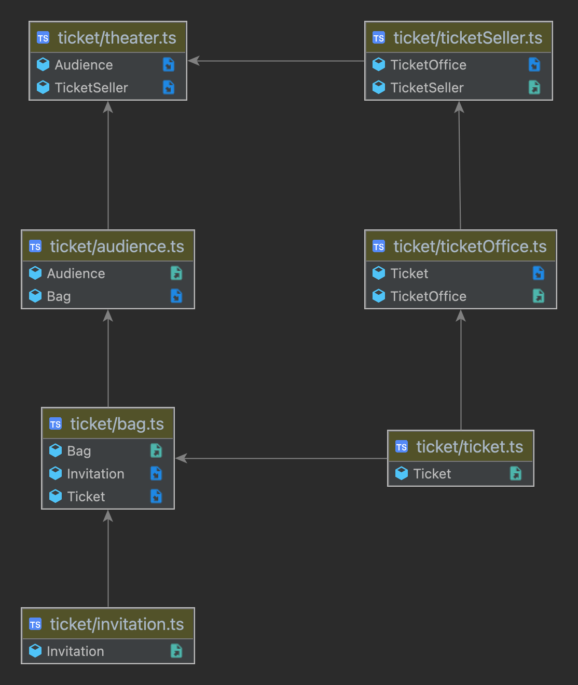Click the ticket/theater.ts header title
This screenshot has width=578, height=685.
coord(117,38)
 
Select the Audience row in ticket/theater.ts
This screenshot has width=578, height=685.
coord(84,65)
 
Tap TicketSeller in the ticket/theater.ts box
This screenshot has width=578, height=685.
coord(91,88)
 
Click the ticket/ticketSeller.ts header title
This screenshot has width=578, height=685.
coord(467,38)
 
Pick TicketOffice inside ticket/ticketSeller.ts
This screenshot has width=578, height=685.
coord(428,65)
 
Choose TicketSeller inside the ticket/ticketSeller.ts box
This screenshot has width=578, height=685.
coord(427,88)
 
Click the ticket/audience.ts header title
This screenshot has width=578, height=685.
coord(117,246)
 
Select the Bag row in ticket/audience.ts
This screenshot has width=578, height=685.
coord(59,296)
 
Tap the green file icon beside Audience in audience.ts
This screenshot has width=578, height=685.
coord(176,273)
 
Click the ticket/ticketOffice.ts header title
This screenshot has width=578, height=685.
coord(470,246)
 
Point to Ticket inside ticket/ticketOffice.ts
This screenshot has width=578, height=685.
coord(409,273)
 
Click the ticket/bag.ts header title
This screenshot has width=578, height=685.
coord(117,424)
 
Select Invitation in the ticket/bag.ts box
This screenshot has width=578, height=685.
coord(95,474)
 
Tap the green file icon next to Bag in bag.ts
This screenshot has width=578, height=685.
coord(156,450)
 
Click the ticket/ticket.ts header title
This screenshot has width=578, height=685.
coord(470,447)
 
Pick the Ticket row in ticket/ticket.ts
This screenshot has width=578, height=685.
coord(432,474)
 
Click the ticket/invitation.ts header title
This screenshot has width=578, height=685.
coord(117,624)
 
